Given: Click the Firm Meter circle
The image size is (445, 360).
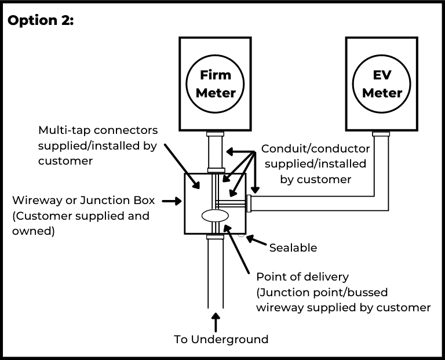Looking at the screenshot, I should (x=215, y=84).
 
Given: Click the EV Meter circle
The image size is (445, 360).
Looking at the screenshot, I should (x=382, y=84).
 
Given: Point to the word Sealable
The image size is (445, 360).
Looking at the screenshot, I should (x=293, y=248).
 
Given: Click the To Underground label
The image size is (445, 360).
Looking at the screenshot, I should (x=221, y=339).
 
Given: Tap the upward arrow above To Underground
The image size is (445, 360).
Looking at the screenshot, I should (x=216, y=321).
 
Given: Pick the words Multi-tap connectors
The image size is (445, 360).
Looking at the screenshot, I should (x=98, y=130).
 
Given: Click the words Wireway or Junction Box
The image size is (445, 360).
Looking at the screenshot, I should (x=83, y=201).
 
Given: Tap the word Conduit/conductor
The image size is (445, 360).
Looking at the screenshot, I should (x=315, y=148).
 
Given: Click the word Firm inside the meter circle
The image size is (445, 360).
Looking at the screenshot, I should (x=215, y=75).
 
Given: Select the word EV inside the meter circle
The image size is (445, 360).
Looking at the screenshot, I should (x=382, y=75).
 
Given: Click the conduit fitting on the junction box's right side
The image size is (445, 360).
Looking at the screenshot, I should (x=249, y=203).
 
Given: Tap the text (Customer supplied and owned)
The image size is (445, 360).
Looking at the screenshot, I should (x=81, y=223).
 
